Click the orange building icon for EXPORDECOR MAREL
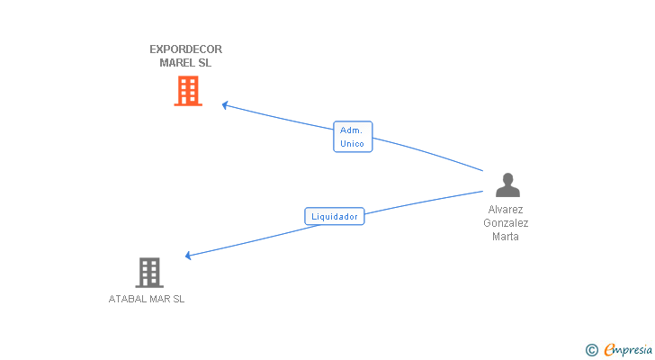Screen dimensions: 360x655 tap(187, 91)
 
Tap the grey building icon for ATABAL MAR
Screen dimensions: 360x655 tap(149, 272)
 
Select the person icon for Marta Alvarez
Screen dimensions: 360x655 tap(507, 185)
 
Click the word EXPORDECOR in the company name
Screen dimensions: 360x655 tap(185, 49)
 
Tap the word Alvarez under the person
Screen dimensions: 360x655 tap(506, 210)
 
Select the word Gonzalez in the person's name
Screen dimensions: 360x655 tap(506, 223)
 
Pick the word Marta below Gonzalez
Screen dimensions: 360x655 tap(506, 237)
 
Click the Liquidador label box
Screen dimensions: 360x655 tap(335, 216)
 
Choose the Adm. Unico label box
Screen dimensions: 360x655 tap(352, 137)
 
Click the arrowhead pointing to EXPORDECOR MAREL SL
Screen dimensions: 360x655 tap(225, 105)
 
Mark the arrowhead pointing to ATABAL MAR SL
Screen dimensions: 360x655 tap(188, 256)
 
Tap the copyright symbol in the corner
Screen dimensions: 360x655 tap(591, 349)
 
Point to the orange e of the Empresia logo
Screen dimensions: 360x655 tap(609, 349)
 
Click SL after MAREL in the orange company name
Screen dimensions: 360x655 tap(205, 63)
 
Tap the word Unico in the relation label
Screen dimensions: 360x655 tap(352, 144)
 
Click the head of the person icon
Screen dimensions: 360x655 tap(507, 178)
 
